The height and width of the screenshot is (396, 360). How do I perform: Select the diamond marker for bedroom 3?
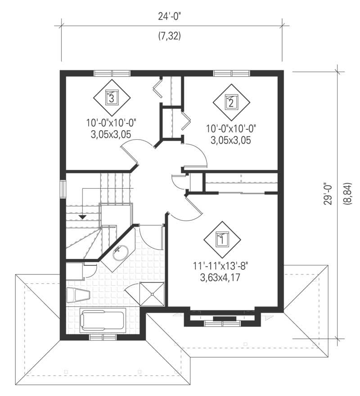point(112,96)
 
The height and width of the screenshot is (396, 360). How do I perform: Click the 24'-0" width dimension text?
point(169,17)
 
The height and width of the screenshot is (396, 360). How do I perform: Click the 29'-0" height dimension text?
point(329,194)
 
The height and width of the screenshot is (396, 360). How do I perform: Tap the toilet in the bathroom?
point(78,296)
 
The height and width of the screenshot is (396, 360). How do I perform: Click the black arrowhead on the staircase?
point(82,217)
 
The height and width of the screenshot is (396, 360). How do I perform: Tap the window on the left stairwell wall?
point(63,189)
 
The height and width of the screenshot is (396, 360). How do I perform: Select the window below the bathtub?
point(103,337)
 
